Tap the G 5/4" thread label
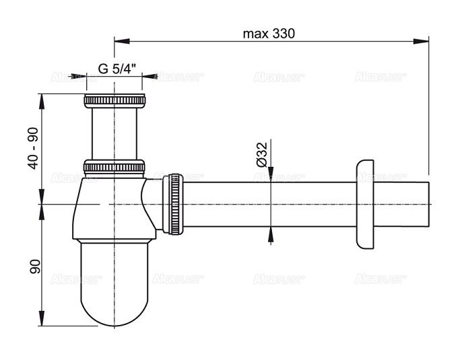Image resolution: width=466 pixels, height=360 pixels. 117,68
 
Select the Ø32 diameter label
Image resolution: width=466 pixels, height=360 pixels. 263,154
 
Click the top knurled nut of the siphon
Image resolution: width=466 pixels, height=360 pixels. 114,102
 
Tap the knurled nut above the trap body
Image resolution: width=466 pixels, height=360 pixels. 114,167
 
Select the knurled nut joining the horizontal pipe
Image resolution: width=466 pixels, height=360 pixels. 174,204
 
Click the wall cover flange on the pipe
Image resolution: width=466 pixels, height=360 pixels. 364,204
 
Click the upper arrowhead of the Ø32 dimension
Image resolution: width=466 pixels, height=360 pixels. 271,176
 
